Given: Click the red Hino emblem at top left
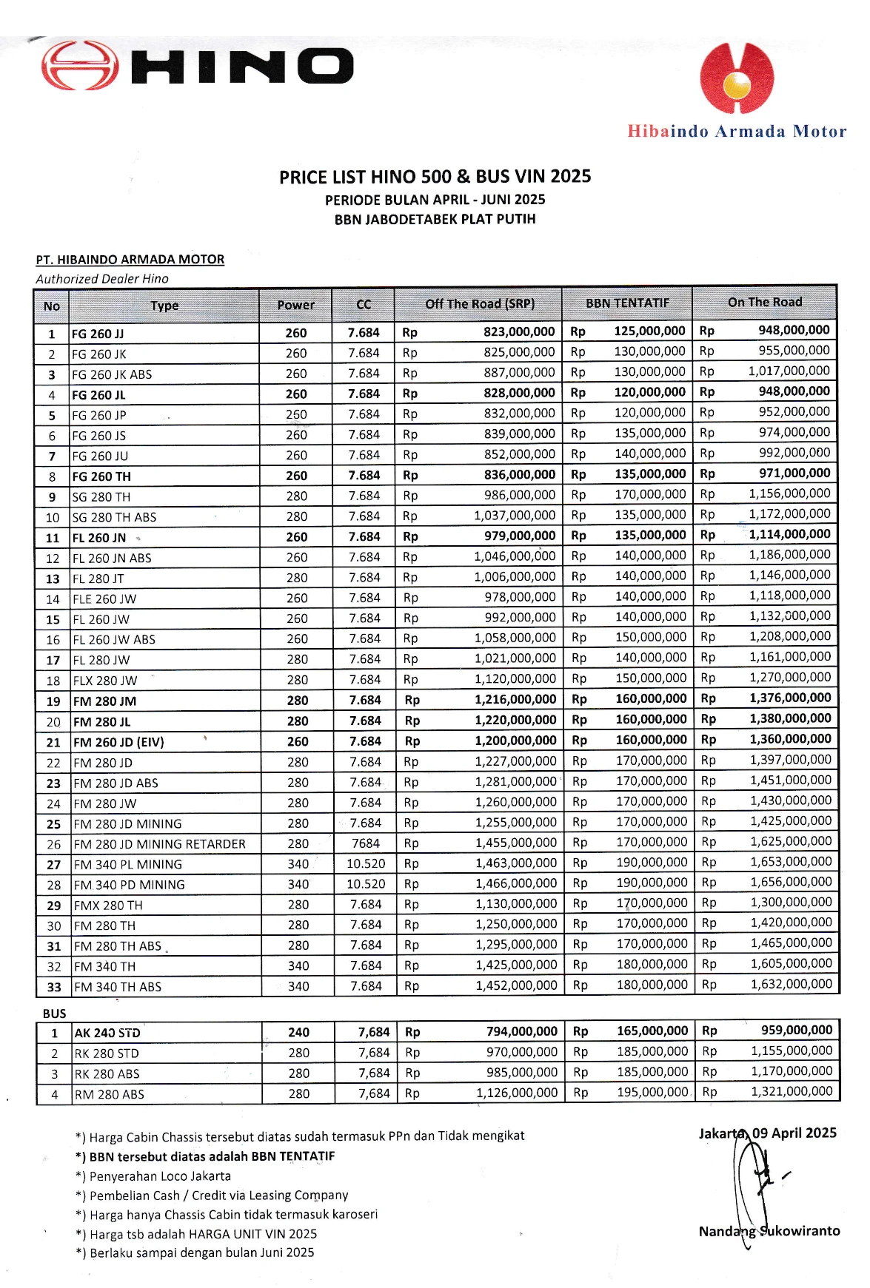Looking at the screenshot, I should coord(79,66).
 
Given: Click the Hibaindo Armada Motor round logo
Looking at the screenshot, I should coord(736,78).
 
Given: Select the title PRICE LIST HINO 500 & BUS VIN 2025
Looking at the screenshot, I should coord(435,177).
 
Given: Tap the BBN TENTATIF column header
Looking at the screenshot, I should coord(626,303).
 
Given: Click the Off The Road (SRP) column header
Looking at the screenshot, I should coord(479,304).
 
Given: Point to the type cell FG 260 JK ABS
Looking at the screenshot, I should coord(112,374).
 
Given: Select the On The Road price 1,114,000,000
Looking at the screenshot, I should coord(789,534).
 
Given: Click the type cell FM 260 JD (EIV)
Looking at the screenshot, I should coord(118,742).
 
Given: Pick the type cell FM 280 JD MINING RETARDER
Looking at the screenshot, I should coord(159,844).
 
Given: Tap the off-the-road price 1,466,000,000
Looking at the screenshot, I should coord(516,883).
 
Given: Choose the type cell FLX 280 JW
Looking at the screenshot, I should coord(105,681).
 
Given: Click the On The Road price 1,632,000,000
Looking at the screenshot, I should coord(791,984).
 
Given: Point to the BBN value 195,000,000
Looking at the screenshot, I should coord(652,1092).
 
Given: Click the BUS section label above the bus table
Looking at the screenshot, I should coord(54,1014).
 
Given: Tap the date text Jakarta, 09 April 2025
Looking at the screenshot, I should coord(767,1133).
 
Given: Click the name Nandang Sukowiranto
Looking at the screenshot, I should coord(769,1231).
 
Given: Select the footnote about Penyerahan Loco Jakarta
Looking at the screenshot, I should coord(153,1176).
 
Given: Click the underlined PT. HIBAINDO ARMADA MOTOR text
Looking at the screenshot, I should coord(130,260).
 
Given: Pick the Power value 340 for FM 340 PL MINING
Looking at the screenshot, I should coord(298,864).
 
